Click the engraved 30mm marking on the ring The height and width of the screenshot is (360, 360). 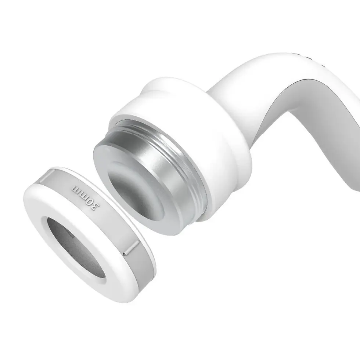[85, 199]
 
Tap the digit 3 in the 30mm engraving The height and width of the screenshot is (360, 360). [94, 206]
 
